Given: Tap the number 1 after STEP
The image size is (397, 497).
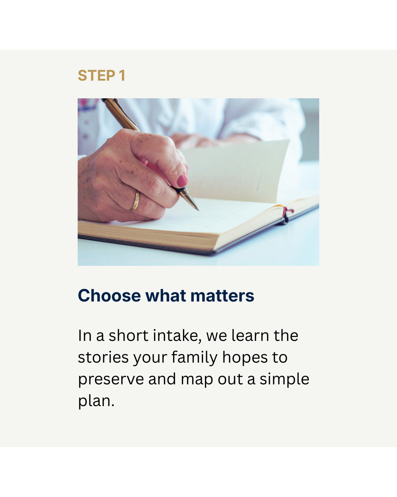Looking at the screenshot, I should click(x=122, y=76).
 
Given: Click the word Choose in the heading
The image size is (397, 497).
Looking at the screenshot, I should click(x=109, y=296).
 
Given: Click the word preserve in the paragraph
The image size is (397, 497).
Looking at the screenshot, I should click(x=111, y=380).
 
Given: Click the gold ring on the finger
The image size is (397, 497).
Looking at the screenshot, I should click(x=135, y=201).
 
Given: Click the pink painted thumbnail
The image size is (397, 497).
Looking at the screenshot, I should click(x=182, y=180).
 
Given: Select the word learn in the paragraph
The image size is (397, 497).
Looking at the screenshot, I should click(x=250, y=336).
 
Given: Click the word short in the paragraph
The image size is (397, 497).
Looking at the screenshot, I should click(x=128, y=336).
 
